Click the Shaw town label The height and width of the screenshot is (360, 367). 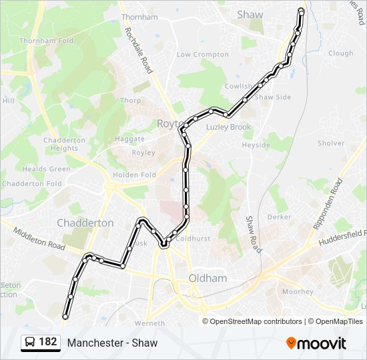point(250,14)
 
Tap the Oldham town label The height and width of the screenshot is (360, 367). point(208,278)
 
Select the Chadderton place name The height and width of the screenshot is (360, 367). point(85,223)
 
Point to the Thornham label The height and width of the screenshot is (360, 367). point(139,17)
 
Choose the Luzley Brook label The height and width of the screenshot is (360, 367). point(228,127)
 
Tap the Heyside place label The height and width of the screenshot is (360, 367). point(256,145)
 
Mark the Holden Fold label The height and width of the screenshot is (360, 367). point(134,175)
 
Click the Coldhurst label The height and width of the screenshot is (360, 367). point(194,238)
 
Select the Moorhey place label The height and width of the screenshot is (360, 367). point(298,291)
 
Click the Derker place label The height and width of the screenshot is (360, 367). point(279,217)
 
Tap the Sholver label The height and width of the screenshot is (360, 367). point(331,143)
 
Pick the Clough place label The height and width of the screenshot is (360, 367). point(340,53)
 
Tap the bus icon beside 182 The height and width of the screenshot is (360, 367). point(30,343)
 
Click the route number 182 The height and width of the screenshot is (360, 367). point(48,342)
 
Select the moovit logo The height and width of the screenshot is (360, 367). point(316,343)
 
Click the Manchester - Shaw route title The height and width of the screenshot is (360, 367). point(112,343)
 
